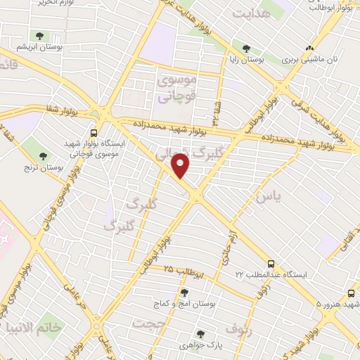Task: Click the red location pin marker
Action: pos(181,165)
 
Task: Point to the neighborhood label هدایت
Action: pos(251,13)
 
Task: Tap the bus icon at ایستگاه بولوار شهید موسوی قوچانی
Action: pos(94,131)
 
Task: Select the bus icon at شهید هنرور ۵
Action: pos(350,293)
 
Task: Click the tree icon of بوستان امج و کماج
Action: pos(184,292)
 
